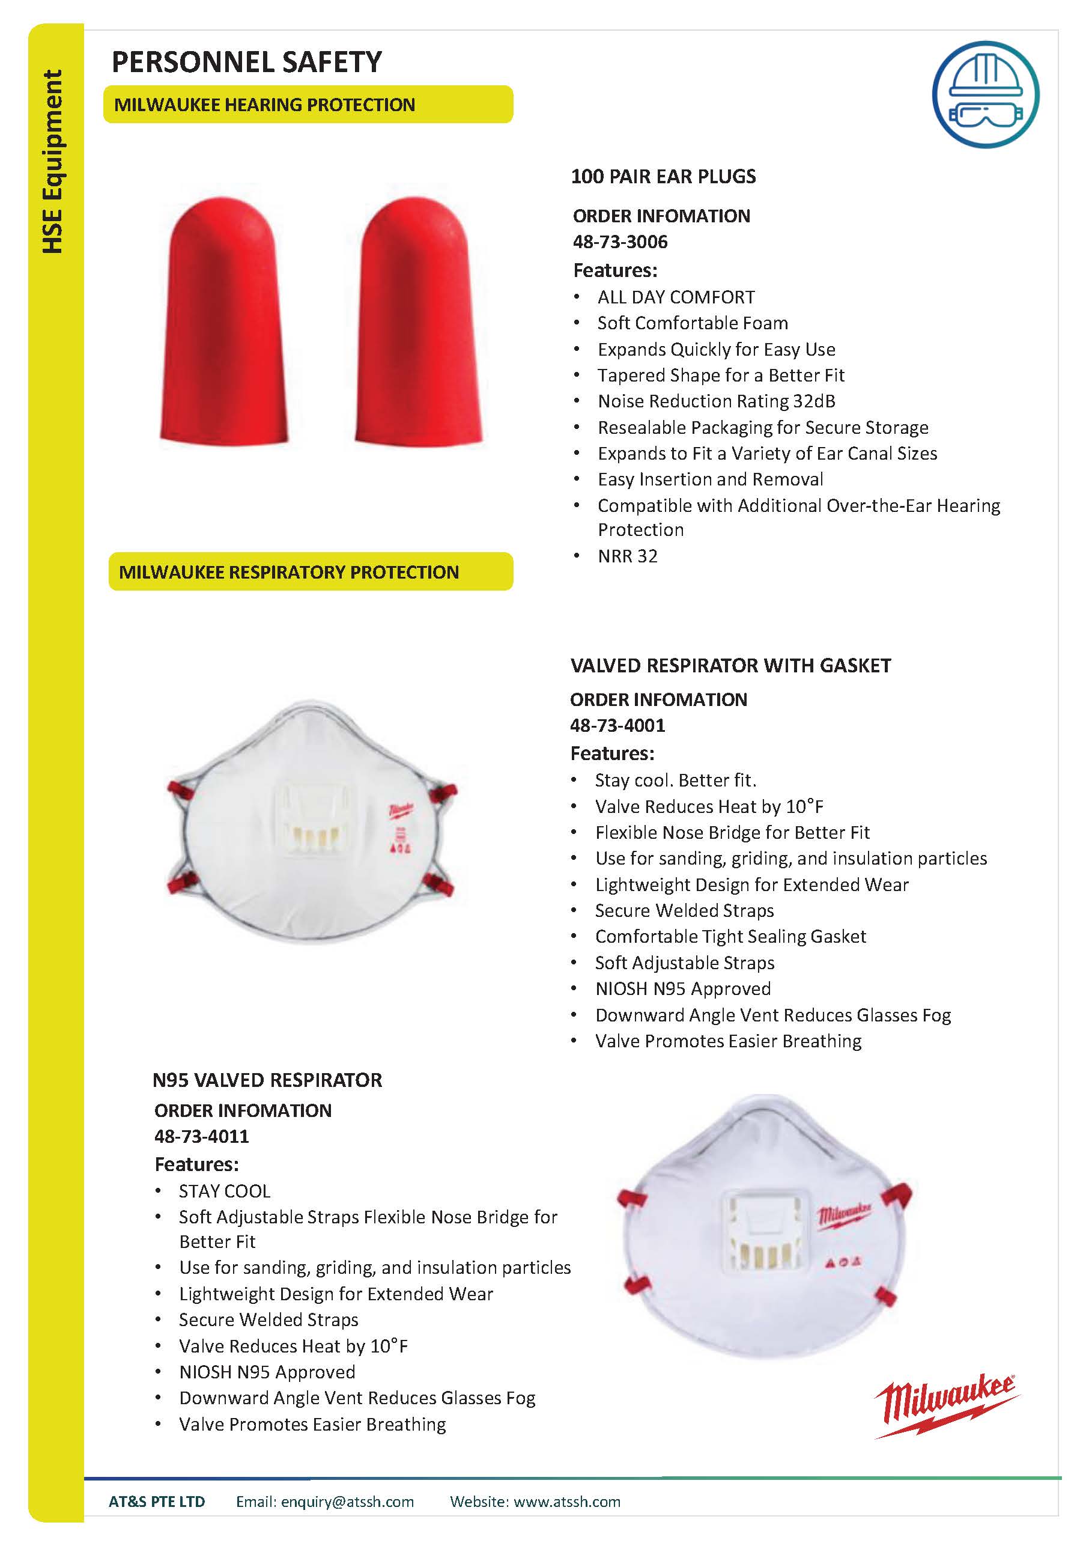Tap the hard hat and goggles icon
click(x=985, y=95)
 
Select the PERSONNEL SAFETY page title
click(x=246, y=62)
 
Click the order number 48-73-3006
click(x=620, y=242)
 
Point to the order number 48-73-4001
click(x=617, y=725)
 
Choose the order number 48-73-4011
click(x=201, y=1136)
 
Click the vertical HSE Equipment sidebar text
click(x=52, y=162)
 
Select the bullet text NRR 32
click(x=628, y=556)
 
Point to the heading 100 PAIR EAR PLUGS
click(x=663, y=177)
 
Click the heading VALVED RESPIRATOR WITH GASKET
click(x=730, y=665)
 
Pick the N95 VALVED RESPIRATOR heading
click(x=267, y=1080)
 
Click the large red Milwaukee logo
click(x=946, y=1406)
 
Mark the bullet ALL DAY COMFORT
click(x=676, y=297)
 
